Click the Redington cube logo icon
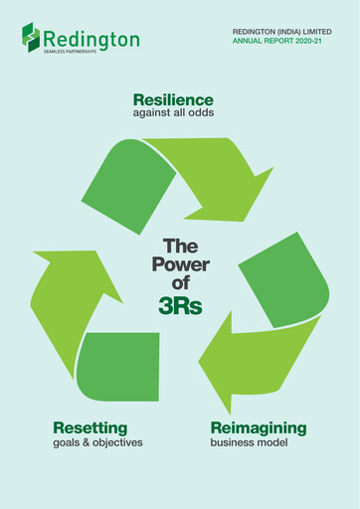pos(31,36)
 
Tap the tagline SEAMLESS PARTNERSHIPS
pos(70,52)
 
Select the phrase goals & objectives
pos(97,442)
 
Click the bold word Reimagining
pos(258,427)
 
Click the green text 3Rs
pos(180,306)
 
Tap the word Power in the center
pos(180,263)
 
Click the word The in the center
pos(180,246)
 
